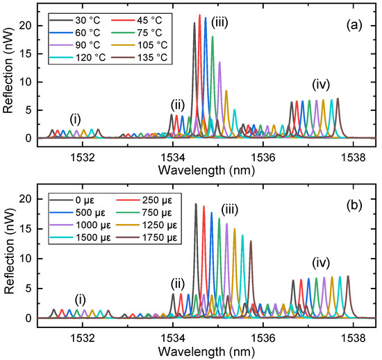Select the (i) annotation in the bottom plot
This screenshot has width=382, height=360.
tap(82, 299)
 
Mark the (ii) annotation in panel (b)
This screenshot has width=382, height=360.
tap(178, 282)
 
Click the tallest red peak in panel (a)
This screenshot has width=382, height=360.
tap(199, 15)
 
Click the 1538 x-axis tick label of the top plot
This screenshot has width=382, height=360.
tap(354, 157)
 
